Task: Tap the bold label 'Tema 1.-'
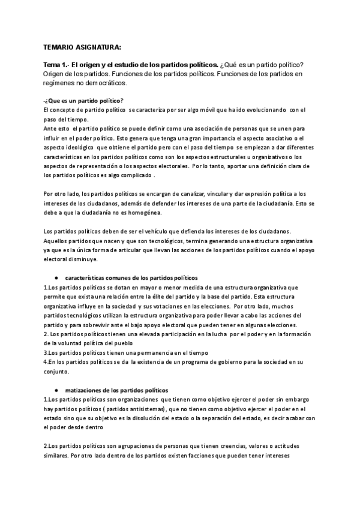[x=57, y=65]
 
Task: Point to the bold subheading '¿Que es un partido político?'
[x=85, y=100]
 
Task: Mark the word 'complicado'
[x=133, y=176]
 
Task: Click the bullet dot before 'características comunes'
[x=55, y=279]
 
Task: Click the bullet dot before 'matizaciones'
[x=55, y=390]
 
